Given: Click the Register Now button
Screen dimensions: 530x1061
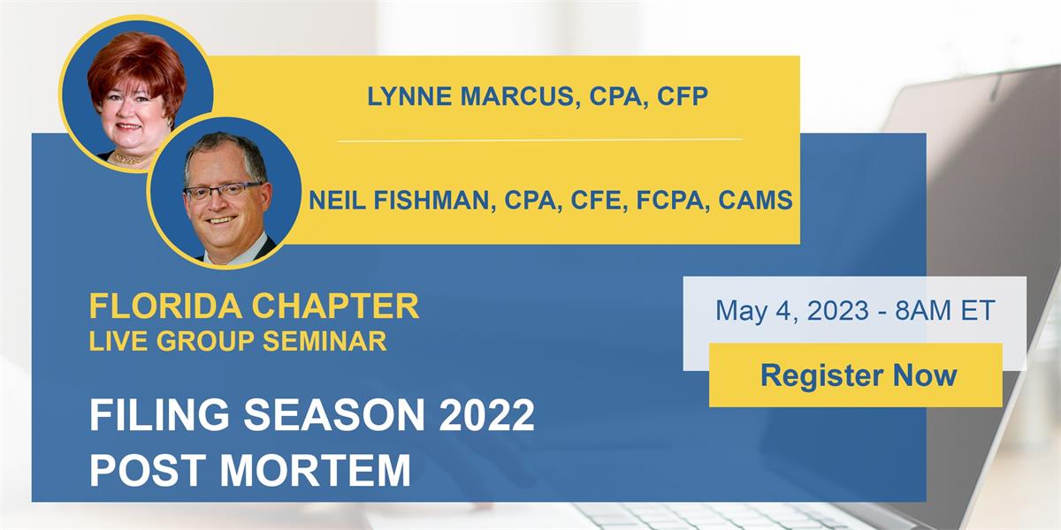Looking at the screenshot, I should point(858,375).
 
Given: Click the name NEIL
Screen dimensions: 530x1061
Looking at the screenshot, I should point(339,201).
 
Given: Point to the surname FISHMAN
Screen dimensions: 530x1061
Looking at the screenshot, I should point(435,201).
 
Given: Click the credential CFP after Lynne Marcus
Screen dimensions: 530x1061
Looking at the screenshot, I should point(683,97).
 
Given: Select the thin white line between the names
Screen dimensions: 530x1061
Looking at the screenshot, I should point(539,140).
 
